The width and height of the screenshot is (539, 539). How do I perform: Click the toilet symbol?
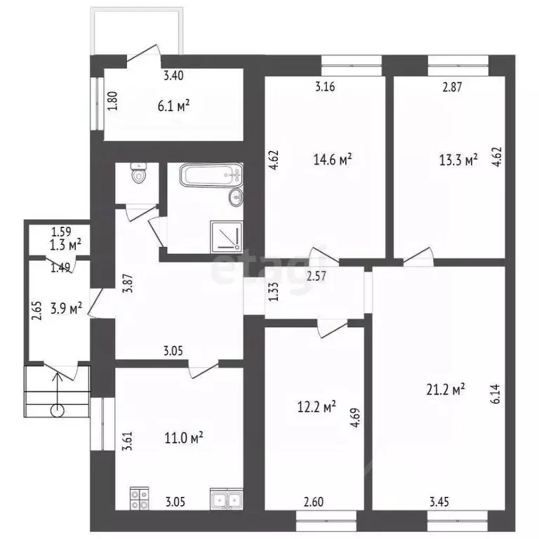139,173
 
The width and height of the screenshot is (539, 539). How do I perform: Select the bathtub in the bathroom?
211,175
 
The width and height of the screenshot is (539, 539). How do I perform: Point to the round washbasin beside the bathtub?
236,197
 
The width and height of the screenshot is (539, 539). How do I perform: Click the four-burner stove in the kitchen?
139,498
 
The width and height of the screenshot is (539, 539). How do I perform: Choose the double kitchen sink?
226,499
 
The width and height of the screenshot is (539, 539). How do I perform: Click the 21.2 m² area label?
446,390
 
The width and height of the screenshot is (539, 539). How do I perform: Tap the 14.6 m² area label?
333,159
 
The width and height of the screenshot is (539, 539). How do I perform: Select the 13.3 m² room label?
458,160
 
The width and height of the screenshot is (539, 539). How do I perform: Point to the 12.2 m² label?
317,407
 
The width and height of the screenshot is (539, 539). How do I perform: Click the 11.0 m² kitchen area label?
184,438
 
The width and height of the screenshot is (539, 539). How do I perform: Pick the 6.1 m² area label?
174,106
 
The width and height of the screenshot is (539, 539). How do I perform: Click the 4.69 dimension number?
355,418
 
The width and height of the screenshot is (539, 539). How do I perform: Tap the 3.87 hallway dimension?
128,283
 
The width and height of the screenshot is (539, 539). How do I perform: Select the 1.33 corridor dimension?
273,292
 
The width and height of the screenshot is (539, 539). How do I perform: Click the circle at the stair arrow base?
57,411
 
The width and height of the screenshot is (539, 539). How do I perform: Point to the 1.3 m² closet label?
66,245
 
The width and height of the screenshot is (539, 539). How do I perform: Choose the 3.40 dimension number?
173,75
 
